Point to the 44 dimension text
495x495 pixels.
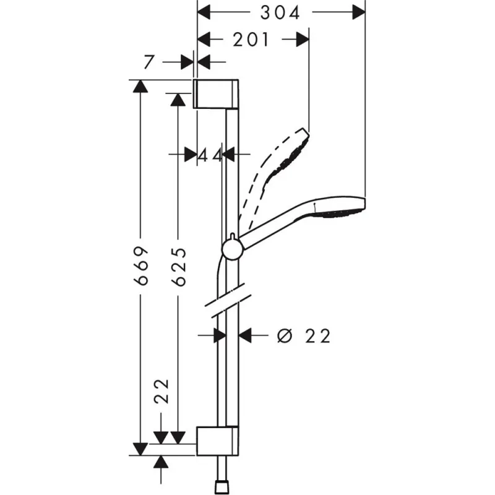(x=210, y=155)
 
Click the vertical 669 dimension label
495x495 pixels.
(x=142, y=265)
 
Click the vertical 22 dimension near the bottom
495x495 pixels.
(x=161, y=391)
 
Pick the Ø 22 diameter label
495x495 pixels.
(x=304, y=335)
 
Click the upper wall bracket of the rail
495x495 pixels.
(x=215, y=93)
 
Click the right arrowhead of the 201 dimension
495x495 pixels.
(x=303, y=40)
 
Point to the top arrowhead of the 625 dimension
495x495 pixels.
(x=178, y=99)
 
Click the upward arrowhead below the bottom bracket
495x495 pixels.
(x=161, y=462)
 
